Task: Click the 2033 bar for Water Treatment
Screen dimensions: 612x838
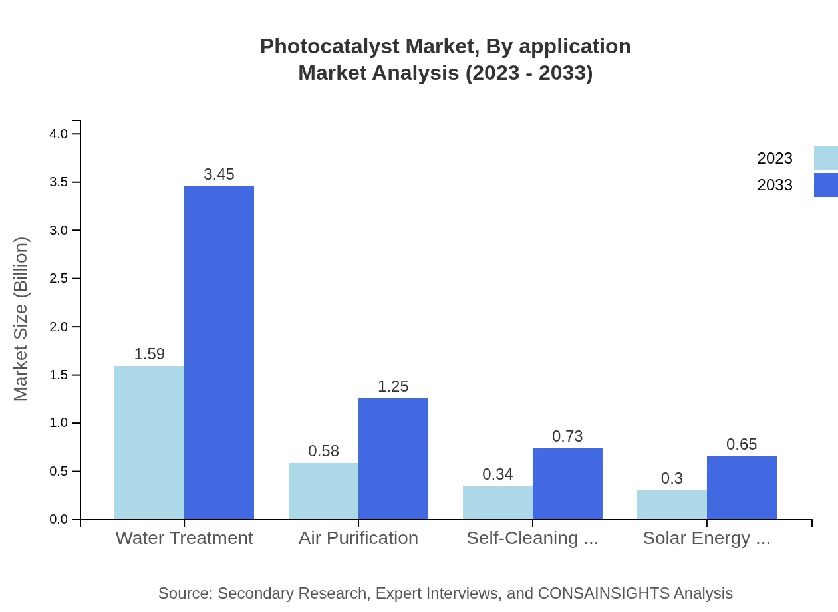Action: tap(219, 353)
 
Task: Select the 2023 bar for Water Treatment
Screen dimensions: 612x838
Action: tap(149, 442)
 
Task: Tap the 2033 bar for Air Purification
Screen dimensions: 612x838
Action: tap(393, 459)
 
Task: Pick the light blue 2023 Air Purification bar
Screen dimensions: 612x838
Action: tap(323, 491)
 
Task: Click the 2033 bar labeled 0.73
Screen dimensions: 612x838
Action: tap(567, 484)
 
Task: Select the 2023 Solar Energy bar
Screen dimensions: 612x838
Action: tap(672, 505)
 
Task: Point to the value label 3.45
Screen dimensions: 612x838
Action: tap(219, 174)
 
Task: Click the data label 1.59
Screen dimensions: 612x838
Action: tap(149, 354)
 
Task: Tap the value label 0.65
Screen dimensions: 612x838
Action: tap(742, 444)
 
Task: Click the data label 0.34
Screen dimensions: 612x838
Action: tap(497, 474)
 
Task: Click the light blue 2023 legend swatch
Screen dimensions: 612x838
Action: tap(825, 158)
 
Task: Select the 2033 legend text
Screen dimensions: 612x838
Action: tap(775, 185)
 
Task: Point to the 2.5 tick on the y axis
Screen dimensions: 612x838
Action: tap(59, 279)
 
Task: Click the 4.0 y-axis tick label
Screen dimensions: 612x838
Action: tap(59, 134)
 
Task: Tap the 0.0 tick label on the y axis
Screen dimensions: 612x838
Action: tap(59, 520)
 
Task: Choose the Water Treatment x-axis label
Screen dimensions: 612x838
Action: tap(184, 538)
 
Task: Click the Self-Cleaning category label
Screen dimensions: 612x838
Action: tap(532, 538)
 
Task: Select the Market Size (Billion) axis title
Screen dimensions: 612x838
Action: tap(21, 319)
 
